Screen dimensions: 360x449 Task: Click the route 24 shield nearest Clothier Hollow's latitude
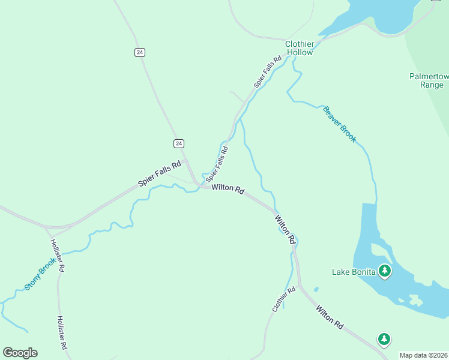pos(140,52)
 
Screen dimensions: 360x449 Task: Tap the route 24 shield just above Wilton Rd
pos(179,143)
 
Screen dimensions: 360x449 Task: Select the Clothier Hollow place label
pos(299,48)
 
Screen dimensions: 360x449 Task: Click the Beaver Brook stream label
pos(340,124)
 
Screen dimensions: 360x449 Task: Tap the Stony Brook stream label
pos(40,274)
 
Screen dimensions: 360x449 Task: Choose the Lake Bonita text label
pos(354,272)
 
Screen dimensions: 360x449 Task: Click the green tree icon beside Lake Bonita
pos(385,271)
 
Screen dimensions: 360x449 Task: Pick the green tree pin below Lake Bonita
pos(384,339)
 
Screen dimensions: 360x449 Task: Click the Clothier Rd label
pos(284,299)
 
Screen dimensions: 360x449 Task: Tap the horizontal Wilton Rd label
pos(228,189)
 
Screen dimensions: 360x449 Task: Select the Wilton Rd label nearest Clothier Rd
pos(330,317)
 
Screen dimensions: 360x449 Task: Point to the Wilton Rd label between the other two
pos(286,230)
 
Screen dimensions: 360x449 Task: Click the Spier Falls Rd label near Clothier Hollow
pos(268,73)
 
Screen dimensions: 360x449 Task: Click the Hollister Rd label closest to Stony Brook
pos(58,256)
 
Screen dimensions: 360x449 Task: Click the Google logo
pos(20,353)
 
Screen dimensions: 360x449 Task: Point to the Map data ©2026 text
pos(423,355)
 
